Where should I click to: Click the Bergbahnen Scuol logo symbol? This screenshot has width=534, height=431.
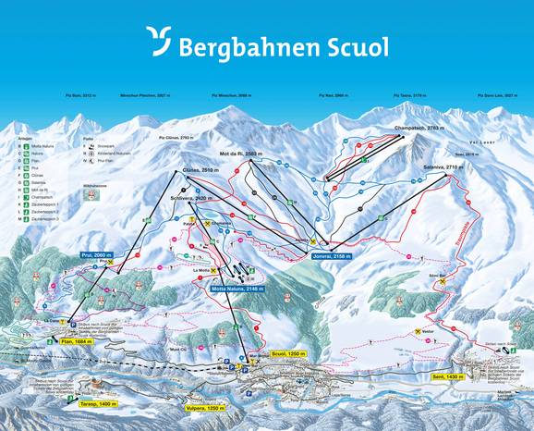click(158, 43)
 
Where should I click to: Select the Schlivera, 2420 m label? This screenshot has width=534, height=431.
click(191, 198)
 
